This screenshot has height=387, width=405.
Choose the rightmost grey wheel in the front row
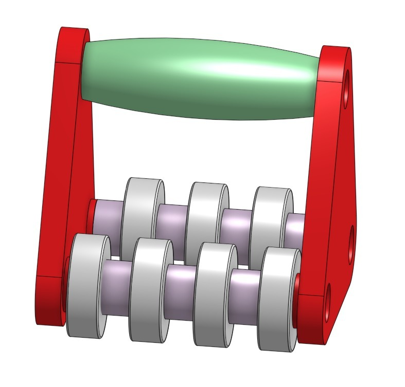point(278,298)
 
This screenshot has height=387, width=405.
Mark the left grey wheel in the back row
point(142,211)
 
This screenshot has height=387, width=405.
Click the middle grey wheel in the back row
point(206,216)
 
